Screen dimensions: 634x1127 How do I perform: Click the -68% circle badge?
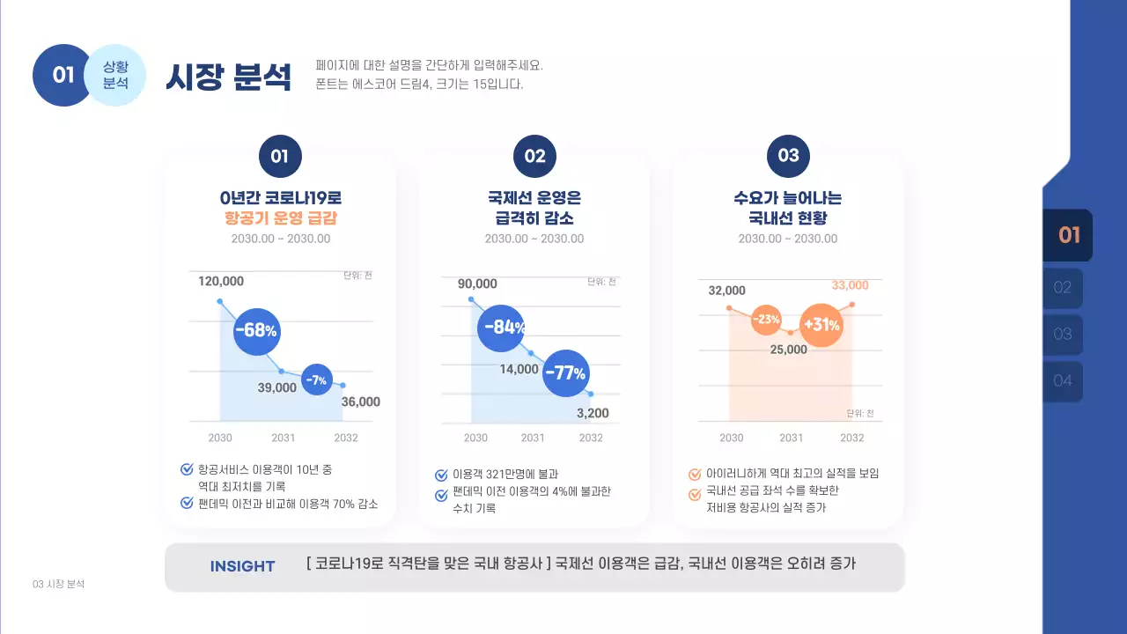pyautogui.click(x=257, y=331)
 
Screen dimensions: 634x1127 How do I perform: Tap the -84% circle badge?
pyautogui.click(x=502, y=327)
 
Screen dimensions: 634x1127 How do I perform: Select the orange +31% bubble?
pyautogui.click(x=821, y=325)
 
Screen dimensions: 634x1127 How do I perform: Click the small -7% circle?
pyautogui.click(x=316, y=380)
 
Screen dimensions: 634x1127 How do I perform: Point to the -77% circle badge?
pyautogui.click(x=565, y=372)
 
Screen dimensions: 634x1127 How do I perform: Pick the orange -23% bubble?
pyautogui.click(x=767, y=319)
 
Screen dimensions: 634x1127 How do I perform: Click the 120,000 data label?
pyautogui.click(x=221, y=281)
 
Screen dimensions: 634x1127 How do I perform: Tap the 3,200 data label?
pyautogui.click(x=593, y=413)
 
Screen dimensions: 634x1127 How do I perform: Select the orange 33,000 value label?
pyautogui.click(x=850, y=285)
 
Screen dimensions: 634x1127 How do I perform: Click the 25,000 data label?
pyautogui.click(x=788, y=350)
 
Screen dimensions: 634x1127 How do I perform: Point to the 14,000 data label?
pyautogui.click(x=519, y=369)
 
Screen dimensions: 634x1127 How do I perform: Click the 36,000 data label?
pyautogui.click(x=361, y=402)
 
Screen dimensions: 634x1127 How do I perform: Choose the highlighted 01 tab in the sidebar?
pyautogui.click(x=1068, y=235)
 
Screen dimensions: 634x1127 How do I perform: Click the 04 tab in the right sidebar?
pyautogui.click(x=1063, y=381)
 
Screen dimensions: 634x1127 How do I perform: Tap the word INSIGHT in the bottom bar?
pyautogui.click(x=242, y=566)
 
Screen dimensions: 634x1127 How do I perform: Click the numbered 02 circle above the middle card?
pyautogui.click(x=534, y=157)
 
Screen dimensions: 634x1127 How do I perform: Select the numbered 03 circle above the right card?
pyautogui.click(x=788, y=156)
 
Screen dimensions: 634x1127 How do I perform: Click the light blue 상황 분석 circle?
pyautogui.click(x=115, y=75)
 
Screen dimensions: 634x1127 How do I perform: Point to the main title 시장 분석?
pyautogui.click(x=228, y=77)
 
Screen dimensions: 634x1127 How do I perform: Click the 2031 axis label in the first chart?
pyautogui.click(x=283, y=438)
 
